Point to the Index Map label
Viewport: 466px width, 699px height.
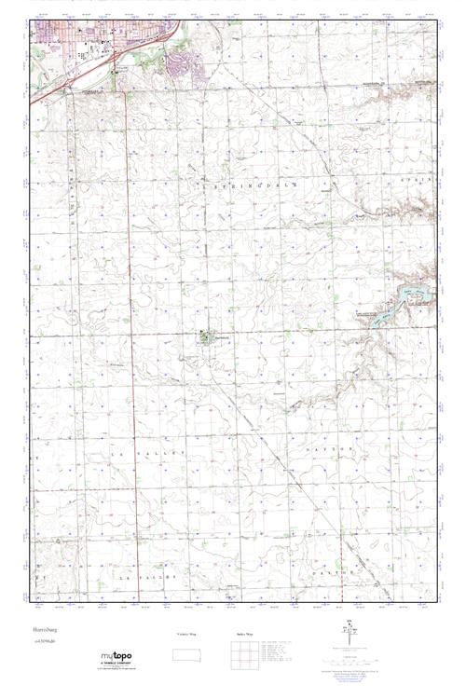tap(243, 635)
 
